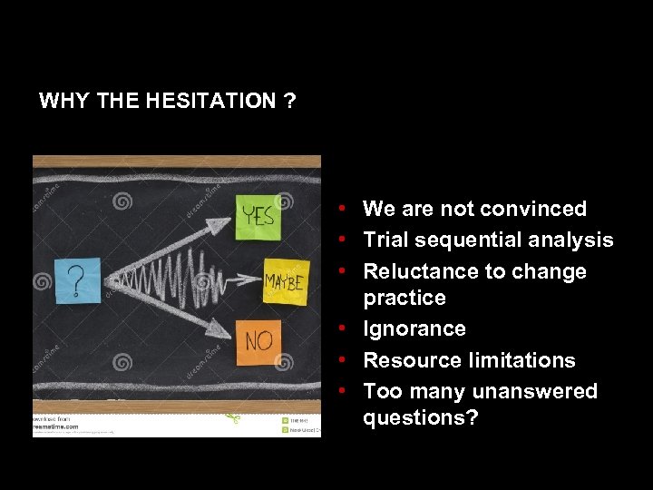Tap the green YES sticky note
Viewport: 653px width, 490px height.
(x=258, y=216)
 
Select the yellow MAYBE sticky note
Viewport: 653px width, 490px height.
(x=286, y=280)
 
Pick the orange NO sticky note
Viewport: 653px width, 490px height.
(x=259, y=341)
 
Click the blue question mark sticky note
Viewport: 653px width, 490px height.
(x=78, y=280)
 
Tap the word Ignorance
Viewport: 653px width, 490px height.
(x=414, y=328)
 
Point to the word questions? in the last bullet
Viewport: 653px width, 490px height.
(x=420, y=417)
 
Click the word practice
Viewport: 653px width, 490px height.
(x=404, y=298)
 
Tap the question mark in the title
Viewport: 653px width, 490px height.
(x=289, y=101)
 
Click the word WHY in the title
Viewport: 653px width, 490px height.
(x=64, y=101)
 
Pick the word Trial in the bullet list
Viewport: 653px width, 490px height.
(x=387, y=240)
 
